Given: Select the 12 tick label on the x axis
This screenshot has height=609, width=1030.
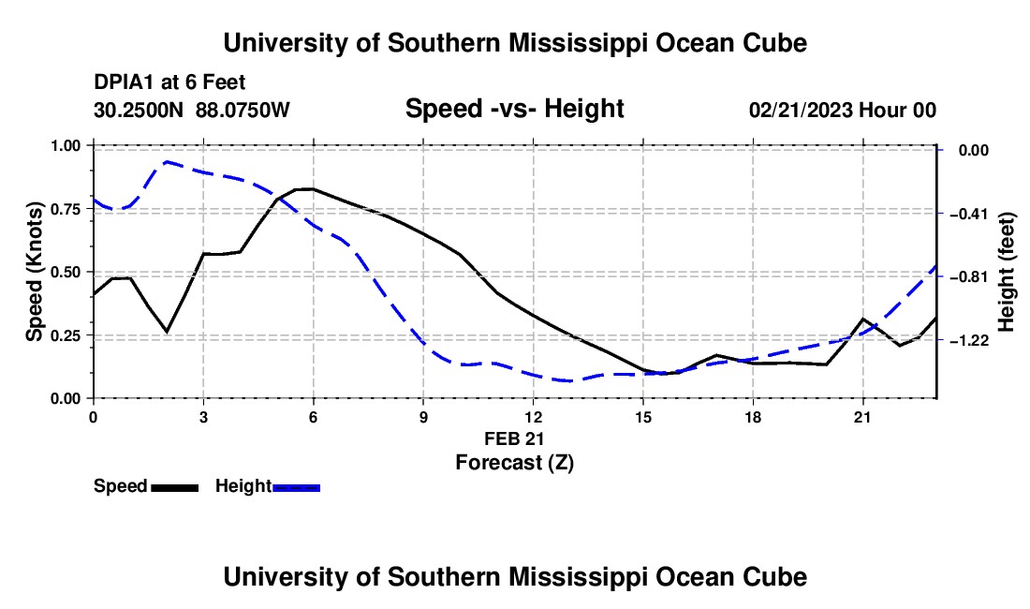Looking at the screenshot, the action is [534, 417].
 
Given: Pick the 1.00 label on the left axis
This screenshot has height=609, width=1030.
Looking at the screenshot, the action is [65, 145].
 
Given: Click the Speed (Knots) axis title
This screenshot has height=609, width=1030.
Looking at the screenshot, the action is [34, 272].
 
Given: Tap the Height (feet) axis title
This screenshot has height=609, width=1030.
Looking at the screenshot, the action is [1006, 272].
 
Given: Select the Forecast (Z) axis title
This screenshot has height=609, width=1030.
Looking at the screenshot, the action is [515, 463].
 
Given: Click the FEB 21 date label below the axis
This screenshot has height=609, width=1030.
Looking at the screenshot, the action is [514, 438].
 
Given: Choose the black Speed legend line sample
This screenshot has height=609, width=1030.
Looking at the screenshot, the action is [175, 488].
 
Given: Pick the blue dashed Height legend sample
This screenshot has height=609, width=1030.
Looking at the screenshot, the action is [296, 488].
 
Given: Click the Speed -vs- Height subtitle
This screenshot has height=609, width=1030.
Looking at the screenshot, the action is [514, 109].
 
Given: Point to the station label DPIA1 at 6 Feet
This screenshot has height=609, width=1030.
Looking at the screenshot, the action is [169, 82].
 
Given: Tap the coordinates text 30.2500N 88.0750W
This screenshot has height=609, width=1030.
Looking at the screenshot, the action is [191, 110].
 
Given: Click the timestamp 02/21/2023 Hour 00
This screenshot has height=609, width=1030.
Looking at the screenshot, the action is [843, 110].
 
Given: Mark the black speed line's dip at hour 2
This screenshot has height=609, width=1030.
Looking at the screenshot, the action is [167, 332].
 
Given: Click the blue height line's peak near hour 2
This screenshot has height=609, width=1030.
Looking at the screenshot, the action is [167, 161].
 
